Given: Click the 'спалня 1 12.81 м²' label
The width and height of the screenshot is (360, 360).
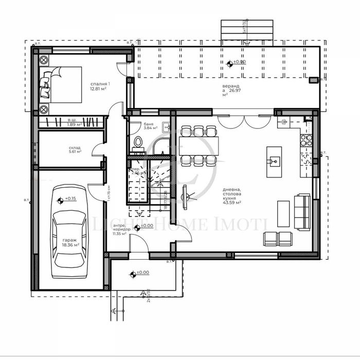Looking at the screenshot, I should coord(98,86).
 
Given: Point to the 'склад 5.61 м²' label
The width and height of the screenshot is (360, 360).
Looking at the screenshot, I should coord(74,150).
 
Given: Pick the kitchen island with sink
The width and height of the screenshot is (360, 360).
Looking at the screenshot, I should coord(274,161).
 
